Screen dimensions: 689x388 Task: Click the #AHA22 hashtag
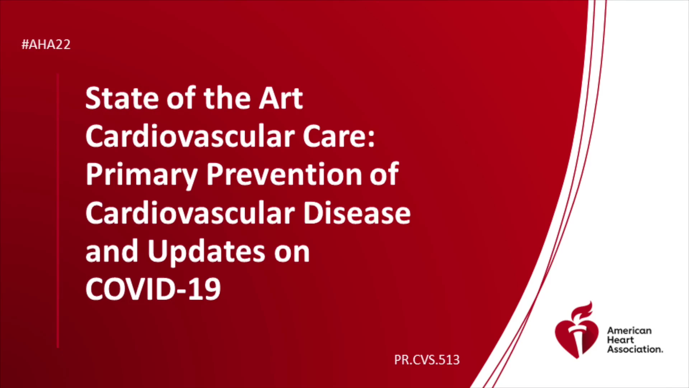tap(46, 45)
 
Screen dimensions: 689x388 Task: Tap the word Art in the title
tap(281, 98)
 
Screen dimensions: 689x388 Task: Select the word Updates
tap(206, 251)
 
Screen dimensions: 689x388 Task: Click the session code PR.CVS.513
tap(427, 360)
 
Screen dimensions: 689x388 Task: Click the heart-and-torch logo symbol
tap(577, 331)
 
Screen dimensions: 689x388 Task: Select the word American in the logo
tap(629, 331)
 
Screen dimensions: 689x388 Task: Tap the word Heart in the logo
tap(620, 340)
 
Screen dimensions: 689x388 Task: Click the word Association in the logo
tap(635, 349)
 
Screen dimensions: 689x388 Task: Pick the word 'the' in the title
tap(228, 98)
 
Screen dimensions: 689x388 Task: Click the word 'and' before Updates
tap(112, 251)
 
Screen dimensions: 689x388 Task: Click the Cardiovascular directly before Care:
tap(190, 136)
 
